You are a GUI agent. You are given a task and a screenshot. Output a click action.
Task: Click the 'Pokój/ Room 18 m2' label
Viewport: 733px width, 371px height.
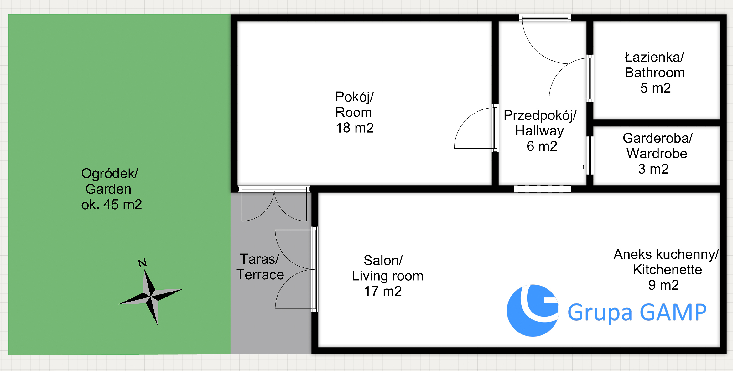point(355,112)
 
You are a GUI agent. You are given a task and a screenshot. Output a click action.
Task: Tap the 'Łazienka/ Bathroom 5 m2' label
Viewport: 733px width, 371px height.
point(655,73)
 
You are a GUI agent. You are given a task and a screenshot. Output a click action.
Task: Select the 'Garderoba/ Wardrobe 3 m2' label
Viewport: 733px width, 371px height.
point(657,154)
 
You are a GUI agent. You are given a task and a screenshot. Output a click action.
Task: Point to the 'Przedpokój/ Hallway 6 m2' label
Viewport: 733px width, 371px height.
point(540,131)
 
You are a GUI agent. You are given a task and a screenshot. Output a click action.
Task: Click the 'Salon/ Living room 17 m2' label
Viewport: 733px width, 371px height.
point(387,276)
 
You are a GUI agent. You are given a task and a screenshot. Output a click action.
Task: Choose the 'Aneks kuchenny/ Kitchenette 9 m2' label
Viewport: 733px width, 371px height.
point(666,270)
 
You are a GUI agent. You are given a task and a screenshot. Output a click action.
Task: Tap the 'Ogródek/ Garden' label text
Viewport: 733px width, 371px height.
point(109,181)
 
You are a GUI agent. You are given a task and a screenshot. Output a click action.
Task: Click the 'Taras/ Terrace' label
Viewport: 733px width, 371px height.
point(260,267)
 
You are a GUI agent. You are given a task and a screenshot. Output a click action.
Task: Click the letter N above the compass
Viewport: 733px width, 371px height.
point(143,263)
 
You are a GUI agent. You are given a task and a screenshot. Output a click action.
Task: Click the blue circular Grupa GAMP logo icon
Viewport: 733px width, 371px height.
point(533,311)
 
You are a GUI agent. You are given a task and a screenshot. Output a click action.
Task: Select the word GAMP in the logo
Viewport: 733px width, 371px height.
point(673,312)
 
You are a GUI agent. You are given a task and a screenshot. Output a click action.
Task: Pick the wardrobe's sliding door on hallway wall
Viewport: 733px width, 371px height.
point(590,155)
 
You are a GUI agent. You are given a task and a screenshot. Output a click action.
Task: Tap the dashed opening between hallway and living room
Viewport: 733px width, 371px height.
point(542,189)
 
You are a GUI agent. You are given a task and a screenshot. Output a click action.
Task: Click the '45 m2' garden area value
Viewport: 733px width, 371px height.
point(123,205)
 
